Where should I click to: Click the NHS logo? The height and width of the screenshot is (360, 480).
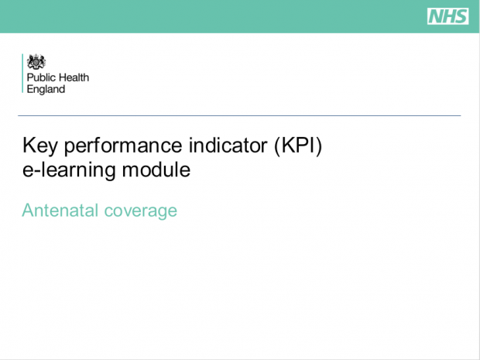[x=447, y=16]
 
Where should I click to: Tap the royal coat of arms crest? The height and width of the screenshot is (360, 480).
[x=36, y=62]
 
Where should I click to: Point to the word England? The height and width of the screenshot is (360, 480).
[x=46, y=89]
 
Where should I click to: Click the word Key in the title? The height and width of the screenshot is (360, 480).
[x=39, y=146]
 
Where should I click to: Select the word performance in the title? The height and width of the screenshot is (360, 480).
[x=123, y=146]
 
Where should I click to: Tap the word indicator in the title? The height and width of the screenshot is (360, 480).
[x=228, y=145]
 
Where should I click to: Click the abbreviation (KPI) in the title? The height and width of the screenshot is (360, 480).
[x=298, y=146]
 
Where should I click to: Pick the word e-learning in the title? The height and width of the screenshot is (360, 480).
[x=69, y=170]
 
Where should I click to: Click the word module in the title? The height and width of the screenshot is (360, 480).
[x=156, y=170]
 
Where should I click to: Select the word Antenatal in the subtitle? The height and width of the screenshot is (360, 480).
[x=60, y=211]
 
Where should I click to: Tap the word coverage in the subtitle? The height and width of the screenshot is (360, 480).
[x=140, y=211]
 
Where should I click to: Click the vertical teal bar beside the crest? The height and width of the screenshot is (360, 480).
[x=22, y=74]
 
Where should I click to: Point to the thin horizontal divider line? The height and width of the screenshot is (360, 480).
[x=239, y=115]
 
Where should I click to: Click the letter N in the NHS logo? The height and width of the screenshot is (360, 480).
[x=435, y=16]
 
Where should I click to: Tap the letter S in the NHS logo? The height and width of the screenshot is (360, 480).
[x=461, y=16]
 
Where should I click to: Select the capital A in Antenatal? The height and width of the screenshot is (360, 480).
[x=28, y=210]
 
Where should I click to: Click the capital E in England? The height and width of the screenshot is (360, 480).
[x=29, y=89]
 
